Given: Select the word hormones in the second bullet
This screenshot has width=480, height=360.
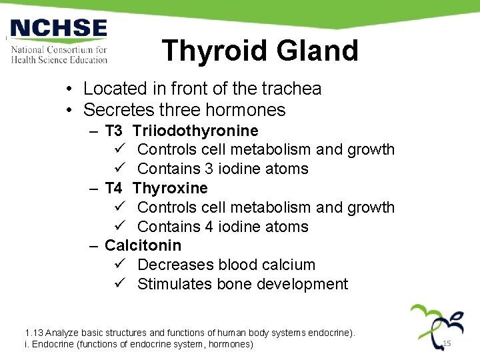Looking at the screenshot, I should click(251, 110).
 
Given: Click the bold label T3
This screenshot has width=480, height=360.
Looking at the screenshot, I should click(113, 131).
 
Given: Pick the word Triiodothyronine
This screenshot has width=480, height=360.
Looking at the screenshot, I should click(195, 131).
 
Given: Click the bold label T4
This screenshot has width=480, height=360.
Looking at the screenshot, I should click(113, 188).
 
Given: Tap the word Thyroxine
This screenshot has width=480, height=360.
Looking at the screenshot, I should click(170, 188).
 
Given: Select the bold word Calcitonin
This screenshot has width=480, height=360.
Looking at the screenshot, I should click(143, 245).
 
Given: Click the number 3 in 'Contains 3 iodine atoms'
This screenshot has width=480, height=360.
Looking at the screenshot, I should click(209, 169).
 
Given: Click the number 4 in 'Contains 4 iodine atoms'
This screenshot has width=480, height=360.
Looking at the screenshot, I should click(209, 227).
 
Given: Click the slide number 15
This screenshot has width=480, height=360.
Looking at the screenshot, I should click(447, 343).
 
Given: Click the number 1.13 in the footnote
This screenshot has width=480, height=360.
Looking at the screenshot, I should click(34, 332).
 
